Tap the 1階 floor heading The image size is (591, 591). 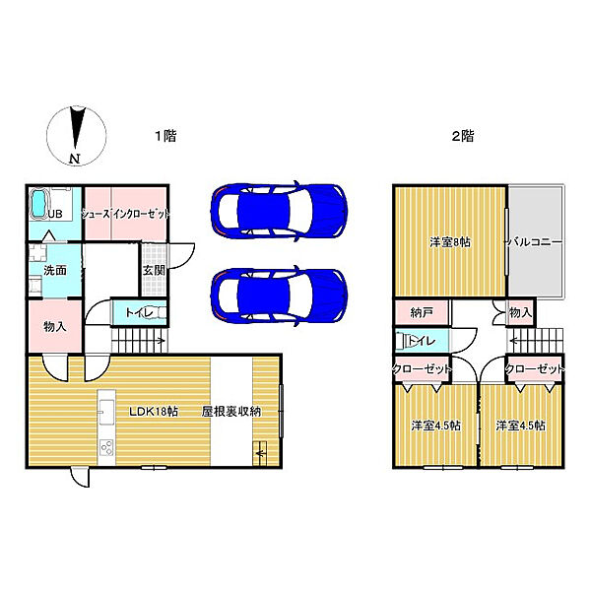(165, 137)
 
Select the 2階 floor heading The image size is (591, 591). (462, 137)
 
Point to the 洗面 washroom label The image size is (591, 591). (54, 270)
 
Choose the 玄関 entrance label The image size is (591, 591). (153, 269)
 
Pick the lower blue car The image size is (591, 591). (279, 293)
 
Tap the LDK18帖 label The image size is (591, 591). (148, 412)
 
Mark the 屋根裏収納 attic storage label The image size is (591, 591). (231, 412)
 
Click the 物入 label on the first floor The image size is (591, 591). (54, 326)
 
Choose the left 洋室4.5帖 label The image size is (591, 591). (435, 426)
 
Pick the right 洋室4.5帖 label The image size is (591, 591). (521, 426)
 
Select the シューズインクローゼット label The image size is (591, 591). (126, 213)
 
